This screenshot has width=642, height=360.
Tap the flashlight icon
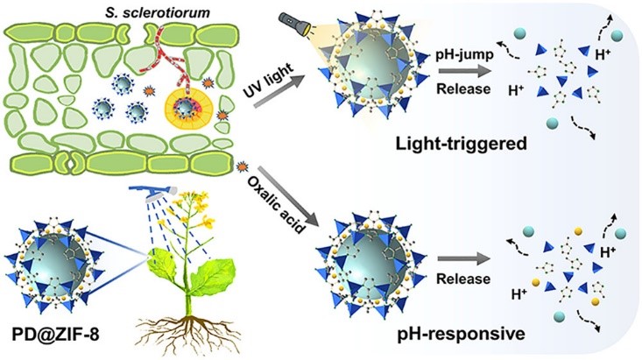click(x=294, y=25)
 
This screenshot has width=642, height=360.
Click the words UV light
click(x=269, y=80)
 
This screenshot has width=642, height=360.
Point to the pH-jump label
click(x=464, y=55)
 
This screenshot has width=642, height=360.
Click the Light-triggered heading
click(x=461, y=144)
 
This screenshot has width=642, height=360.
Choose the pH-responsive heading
click(x=462, y=334)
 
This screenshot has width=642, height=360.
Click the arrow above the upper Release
click(x=464, y=71)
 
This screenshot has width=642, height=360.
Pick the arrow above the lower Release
click(x=464, y=259)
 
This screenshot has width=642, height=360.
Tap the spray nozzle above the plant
click(x=153, y=192)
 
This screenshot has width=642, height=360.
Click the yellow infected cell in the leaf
click(x=189, y=108)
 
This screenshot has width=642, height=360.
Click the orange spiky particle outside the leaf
click(x=243, y=166)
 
